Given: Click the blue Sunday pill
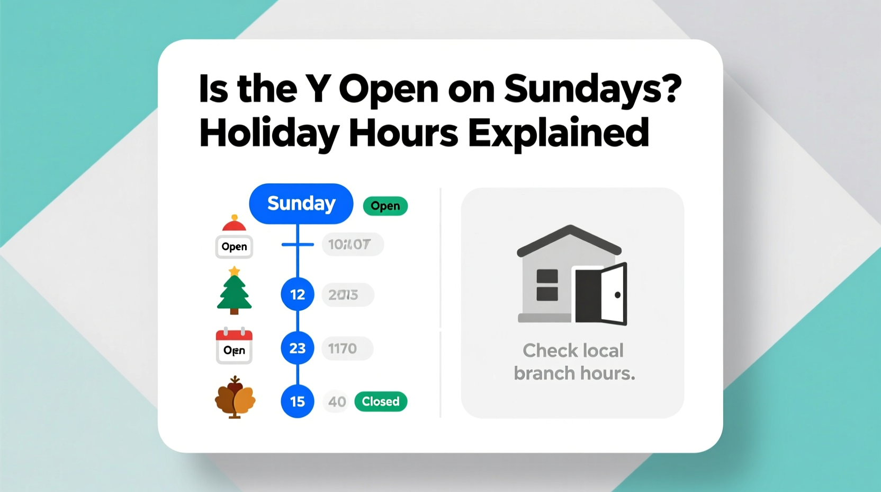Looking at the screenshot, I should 301,204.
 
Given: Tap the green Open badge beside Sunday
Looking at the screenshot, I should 385,206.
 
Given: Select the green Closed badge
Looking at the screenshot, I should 380,401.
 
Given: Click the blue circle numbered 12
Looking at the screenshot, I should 297,294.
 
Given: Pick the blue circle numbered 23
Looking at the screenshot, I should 297,348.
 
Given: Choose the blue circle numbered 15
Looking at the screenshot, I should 297,401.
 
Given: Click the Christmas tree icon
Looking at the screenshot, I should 234,294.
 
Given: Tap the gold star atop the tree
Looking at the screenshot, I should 234,271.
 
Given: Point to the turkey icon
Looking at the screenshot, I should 235,398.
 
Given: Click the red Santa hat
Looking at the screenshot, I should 234,224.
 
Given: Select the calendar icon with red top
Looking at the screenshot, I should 234,346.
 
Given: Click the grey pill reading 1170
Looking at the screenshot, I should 347,348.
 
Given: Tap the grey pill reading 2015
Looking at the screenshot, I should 347,295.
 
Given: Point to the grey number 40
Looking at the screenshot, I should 337,402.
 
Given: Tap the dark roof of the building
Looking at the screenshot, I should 569,239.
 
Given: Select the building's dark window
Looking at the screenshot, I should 547,285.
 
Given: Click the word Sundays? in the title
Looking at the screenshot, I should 592,89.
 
